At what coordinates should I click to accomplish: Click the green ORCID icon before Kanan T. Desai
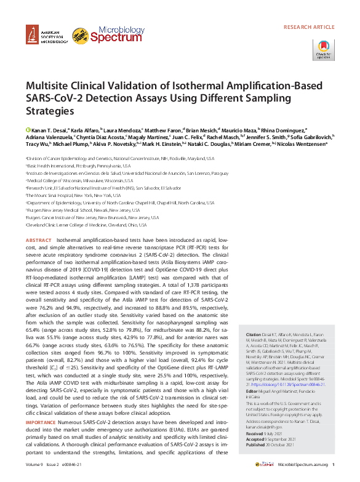tap(28, 131)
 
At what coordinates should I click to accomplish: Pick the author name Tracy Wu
tap(38, 144)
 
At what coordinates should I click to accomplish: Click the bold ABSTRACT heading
tap(38, 239)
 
